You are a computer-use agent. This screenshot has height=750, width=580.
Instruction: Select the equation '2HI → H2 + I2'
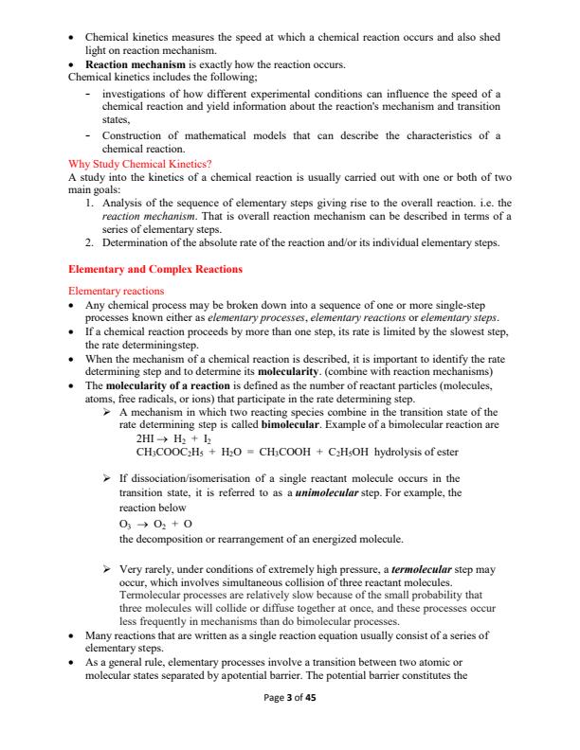coord(177,440)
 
